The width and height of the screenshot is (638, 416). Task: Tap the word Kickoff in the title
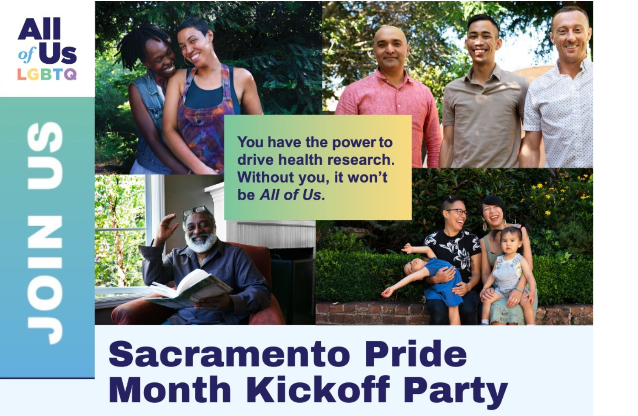tap(318, 389)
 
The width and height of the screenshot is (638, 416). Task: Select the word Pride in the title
tap(415, 354)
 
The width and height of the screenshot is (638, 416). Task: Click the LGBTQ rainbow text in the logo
tap(47, 74)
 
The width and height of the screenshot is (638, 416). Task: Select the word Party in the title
tap(455, 389)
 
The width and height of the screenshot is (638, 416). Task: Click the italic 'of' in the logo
tap(26, 54)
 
